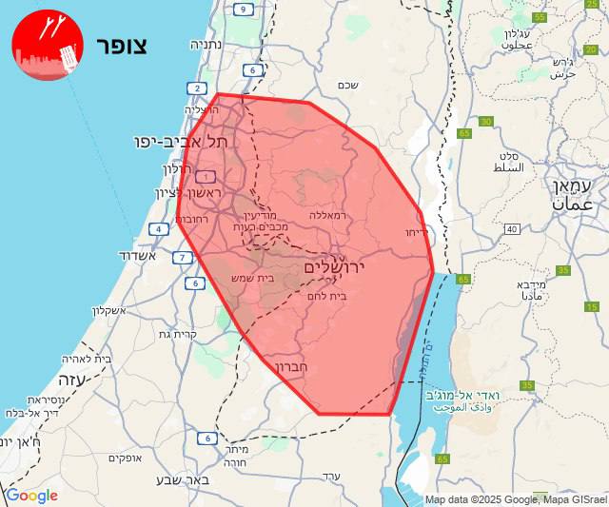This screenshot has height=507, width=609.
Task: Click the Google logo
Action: point(31,496)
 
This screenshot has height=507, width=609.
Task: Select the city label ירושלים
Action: point(334,268)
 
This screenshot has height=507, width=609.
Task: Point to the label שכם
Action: point(347,85)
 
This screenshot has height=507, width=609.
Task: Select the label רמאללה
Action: point(330,215)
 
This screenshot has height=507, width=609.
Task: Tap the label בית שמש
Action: point(252,278)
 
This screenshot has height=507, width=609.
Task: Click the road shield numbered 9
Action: point(244,10)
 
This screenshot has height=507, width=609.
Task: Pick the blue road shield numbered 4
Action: point(158,228)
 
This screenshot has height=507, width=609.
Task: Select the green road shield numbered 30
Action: point(486,121)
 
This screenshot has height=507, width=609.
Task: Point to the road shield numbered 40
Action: point(512,229)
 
